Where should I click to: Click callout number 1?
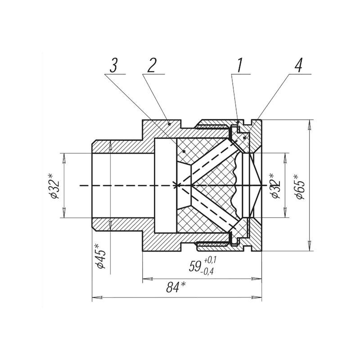tap(239, 65)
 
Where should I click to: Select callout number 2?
tap(152, 65)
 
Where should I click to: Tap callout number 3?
tap(113, 65)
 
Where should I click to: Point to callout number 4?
tap(298, 65)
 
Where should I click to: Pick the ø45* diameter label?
tap(100, 256)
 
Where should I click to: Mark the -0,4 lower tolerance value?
tap(207, 272)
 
